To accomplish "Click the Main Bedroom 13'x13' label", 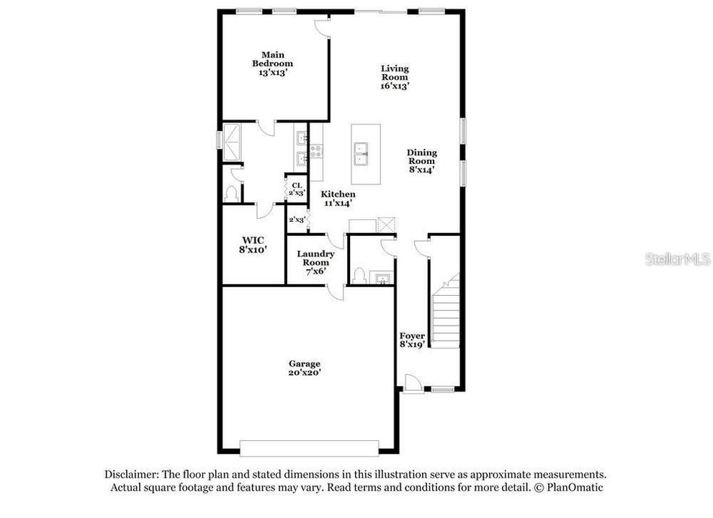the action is tap(272, 63).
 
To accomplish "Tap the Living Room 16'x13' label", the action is tap(395, 77).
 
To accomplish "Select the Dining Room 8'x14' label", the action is tap(421, 161).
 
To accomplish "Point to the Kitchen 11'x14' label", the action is tap(338, 199).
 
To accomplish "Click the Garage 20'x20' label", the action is tap(305, 368).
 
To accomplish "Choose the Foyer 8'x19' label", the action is tap(412, 340).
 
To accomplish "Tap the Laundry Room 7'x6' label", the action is tap(315, 262).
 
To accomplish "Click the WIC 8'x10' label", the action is tap(253, 245).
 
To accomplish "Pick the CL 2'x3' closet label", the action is tap(297, 188).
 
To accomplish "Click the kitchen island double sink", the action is tap(361, 155).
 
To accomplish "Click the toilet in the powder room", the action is tap(359, 276).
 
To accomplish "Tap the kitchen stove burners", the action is tap(316, 151).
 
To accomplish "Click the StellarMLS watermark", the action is tap(678, 259).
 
